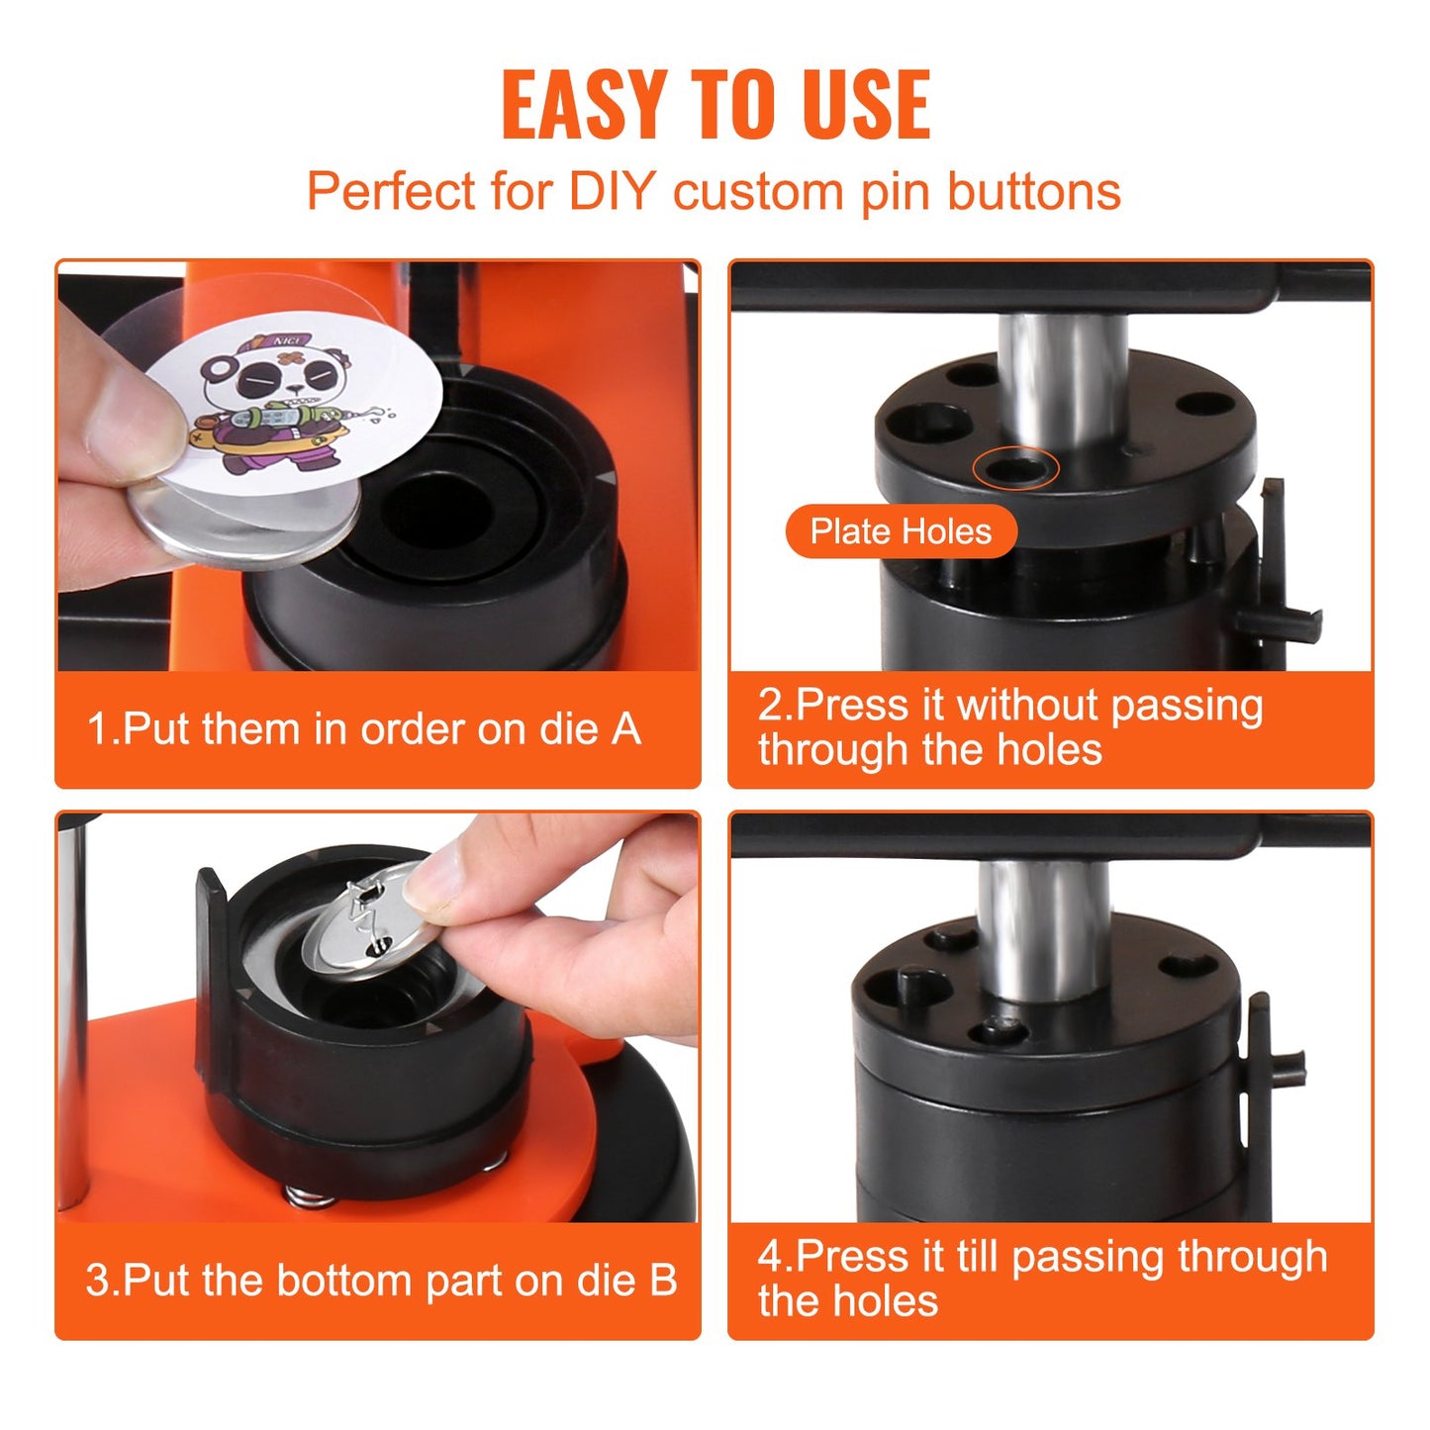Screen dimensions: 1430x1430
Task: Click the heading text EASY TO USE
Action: [715, 105]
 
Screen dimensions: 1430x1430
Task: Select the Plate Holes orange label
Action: [901, 531]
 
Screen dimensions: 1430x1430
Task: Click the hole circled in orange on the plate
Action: [1015, 469]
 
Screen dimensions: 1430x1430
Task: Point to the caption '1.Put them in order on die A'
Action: [364, 729]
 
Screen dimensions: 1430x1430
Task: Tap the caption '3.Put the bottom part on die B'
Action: [381, 1280]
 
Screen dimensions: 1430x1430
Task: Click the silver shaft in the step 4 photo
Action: [1043, 925]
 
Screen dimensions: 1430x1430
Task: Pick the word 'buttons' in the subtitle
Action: [1034, 191]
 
